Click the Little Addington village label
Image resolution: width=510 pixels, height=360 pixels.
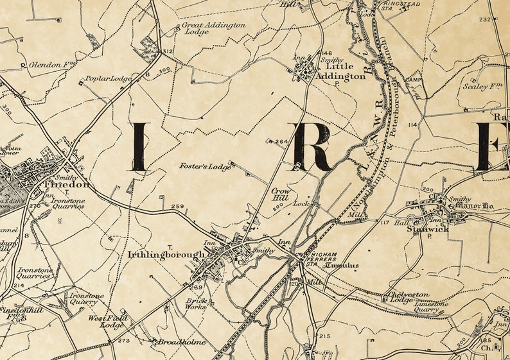346,71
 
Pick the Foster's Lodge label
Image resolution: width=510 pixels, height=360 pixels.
205,167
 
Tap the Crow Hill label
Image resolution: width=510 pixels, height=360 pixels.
281,195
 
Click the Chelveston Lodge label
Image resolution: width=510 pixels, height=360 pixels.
409,297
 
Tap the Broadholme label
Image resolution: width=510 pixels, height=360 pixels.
183,342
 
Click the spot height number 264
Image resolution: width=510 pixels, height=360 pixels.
281,142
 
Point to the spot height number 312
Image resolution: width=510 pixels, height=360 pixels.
168,51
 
